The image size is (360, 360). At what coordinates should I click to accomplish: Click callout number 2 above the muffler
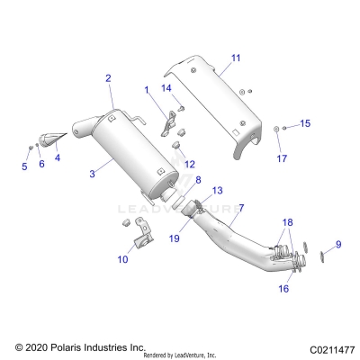click(x=109, y=79)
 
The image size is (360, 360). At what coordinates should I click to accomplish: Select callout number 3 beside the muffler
click(x=92, y=173)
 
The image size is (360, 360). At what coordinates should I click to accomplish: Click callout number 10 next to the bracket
click(x=123, y=258)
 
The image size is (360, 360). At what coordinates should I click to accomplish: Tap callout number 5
click(x=24, y=166)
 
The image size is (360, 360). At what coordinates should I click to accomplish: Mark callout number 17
click(x=280, y=158)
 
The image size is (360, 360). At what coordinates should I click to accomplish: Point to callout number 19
click(x=175, y=238)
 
